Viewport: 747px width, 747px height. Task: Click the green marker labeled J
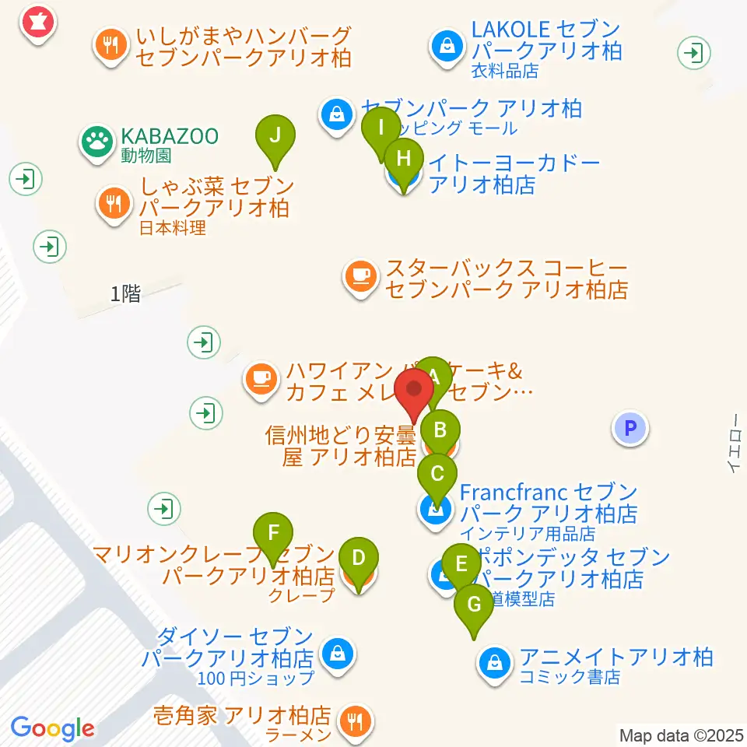pos(275,136)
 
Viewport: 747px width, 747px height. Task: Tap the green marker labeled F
pos(272,535)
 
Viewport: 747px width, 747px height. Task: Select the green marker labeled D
pos(358,559)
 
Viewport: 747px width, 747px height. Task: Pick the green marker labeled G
pos(473,605)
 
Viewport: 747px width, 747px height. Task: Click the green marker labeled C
pos(437,475)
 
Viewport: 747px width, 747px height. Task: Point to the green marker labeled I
pos(381,126)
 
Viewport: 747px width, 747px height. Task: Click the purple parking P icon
pos(630,428)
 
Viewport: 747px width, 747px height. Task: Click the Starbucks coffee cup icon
pos(360,277)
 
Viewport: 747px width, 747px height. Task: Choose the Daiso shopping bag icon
pos(338,654)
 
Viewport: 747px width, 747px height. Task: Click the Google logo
pos(52,728)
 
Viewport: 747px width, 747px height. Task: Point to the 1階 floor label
pos(125,294)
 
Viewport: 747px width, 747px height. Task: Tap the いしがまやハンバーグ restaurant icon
pos(111,45)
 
